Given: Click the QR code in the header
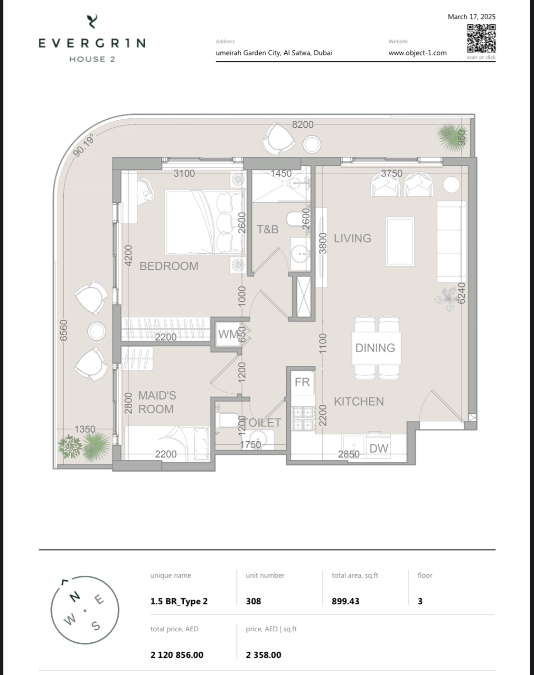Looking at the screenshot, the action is pyautogui.click(x=481, y=38).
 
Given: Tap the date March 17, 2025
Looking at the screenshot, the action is pyautogui.click(x=471, y=17).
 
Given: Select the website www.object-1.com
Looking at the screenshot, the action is pyautogui.click(x=417, y=53).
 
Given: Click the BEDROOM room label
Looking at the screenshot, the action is pyautogui.click(x=169, y=266).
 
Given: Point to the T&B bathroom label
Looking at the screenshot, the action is pyautogui.click(x=268, y=229).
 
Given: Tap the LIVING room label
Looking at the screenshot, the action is pyautogui.click(x=353, y=238).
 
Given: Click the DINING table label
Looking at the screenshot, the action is pyautogui.click(x=375, y=348).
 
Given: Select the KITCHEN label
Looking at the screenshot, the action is pyautogui.click(x=359, y=401).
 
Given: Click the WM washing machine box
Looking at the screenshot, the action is pyautogui.click(x=229, y=334).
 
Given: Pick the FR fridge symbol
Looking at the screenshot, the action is pyautogui.click(x=302, y=382).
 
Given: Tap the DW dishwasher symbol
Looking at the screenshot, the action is pyautogui.click(x=379, y=448).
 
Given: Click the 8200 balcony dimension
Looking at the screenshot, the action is pyautogui.click(x=303, y=124).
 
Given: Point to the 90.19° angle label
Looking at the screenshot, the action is pyautogui.click(x=84, y=145).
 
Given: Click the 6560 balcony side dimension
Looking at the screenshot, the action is pyautogui.click(x=64, y=330).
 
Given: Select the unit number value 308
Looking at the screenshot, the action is pyautogui.click(x=253, y=601).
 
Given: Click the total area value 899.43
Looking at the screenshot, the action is pyautogui.click(x=346, y=601).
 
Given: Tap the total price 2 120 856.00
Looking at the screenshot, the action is pyautogui.click(x=177, y=655).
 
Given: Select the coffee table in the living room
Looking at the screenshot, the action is pyautogui.click(x=400, y=241).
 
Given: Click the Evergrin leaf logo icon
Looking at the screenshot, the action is pyautogui.click(x=92, y=21).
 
